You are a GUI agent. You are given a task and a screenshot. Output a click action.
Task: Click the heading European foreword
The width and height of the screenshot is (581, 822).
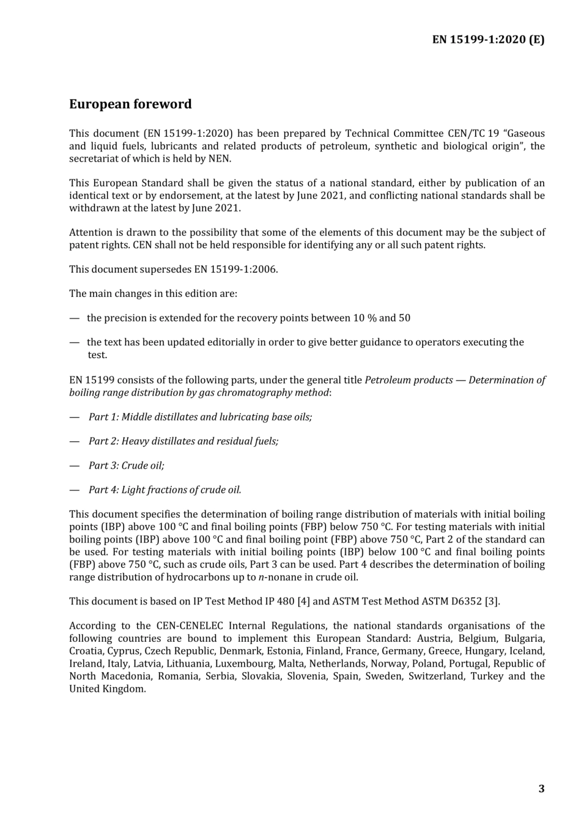pos(130,104)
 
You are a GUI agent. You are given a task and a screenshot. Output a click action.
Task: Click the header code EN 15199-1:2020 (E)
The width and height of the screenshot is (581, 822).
pos(488,40)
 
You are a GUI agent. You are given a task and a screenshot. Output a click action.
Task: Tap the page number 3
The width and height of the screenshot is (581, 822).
pos(541,788)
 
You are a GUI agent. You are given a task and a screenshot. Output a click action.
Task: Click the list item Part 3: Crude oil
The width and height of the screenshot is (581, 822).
pos(126,466)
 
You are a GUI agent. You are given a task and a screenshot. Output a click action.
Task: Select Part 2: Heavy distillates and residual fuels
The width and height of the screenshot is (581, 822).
pos(183,441)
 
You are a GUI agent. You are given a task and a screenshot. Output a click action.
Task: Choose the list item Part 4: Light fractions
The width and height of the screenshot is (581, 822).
pos(165,490)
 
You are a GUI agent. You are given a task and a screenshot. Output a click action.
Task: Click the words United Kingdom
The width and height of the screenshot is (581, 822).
pos(107,689)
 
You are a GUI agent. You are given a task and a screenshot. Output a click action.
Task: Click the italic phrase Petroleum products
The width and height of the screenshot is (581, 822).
pos(409,380)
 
